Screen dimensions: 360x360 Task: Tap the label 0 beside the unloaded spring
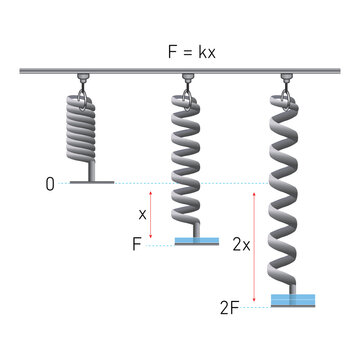(x=49, y=184)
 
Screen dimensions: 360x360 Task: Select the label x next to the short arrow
(x=142, y=213)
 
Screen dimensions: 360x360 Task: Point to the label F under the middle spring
(x=137, y=244)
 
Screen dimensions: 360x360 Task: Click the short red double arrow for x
(x=151, y=213)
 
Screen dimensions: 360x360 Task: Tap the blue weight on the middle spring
(x=197, y=241)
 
